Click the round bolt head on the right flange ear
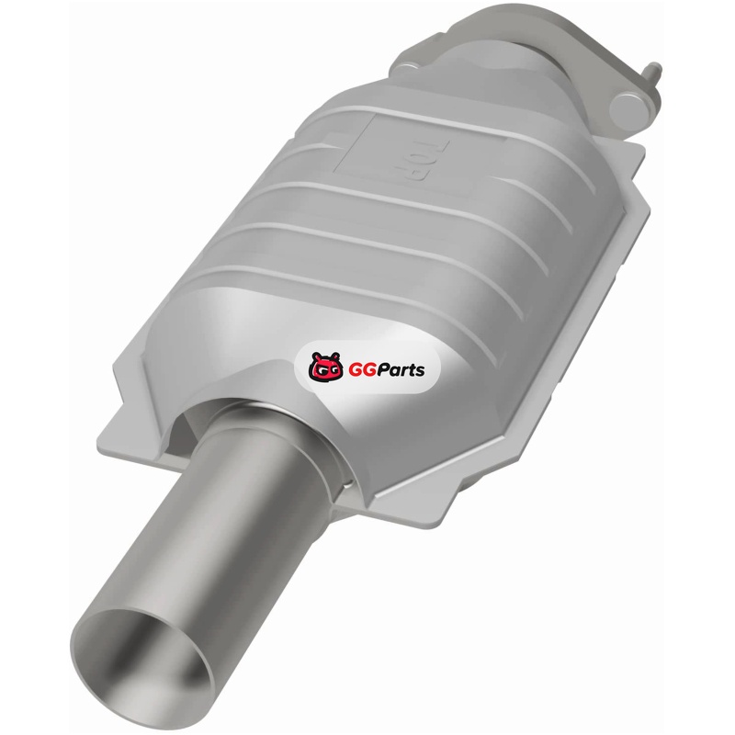point(628,106)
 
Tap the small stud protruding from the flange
point(652,71)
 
